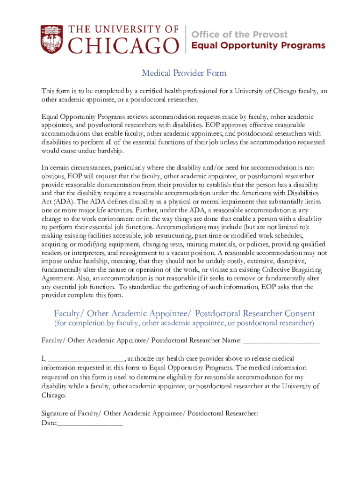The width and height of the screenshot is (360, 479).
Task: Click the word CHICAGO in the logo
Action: coord(124,46)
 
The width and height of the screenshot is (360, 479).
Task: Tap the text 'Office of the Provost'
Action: coord(240,35)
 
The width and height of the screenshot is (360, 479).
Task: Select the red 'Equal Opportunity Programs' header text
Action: coord(259,45)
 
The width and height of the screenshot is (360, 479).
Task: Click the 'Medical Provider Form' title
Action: coord(184,73)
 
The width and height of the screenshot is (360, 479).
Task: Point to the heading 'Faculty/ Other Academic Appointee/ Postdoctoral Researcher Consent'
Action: coord(184,313)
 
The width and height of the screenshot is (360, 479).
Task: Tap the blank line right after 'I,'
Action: coord(86,359)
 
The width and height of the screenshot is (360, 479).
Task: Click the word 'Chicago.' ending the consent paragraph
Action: coord(54,395)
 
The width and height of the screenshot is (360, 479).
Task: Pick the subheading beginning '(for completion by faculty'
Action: coord(184,323)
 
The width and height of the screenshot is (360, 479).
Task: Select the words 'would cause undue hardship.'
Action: coord(83,151)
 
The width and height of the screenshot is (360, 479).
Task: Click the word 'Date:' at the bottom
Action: coord(49,424)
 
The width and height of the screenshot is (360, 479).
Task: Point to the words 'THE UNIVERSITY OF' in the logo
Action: coord(124,29)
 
